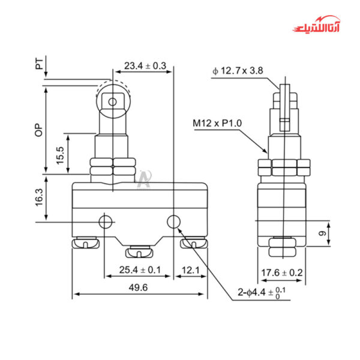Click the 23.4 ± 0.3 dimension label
tap(145, 65)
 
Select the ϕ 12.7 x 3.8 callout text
tap(237, 71)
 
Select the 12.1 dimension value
tap(190, 270)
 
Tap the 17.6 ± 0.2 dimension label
tap(282, 273)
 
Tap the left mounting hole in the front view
tap(107, 222)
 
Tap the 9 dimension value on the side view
tap(322, 233)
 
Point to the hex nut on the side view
tap(282, 167)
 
